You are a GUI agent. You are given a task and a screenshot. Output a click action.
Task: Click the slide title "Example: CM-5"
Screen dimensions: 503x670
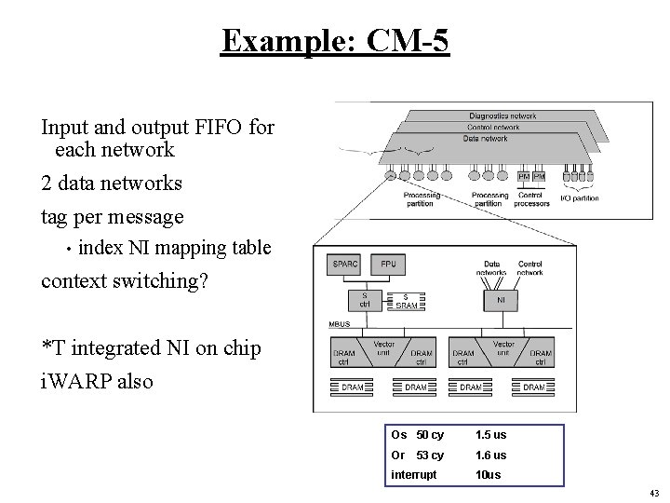click(x=335, y=42)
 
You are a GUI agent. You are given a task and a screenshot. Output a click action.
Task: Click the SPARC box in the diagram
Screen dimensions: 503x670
click(x=345, y=265)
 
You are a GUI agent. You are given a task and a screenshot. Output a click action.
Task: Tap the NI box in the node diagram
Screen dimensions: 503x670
click(x=502, y=300)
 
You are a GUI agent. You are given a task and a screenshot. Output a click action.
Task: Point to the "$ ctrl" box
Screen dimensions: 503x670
click(x=364, y=301)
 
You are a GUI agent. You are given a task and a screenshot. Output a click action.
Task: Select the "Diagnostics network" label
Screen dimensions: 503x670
click(x=502, y=116)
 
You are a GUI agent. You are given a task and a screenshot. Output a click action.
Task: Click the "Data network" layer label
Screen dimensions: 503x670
click(x=485, y=138)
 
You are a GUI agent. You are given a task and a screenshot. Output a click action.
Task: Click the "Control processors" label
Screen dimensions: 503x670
click(x=532, y=199)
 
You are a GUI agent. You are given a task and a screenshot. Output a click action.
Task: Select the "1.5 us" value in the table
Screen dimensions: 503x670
click(x=490, y=435)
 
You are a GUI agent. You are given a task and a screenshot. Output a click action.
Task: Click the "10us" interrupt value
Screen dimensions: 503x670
click(x=488, y=474)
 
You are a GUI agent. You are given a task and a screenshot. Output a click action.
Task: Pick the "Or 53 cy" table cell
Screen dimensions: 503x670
click(x=418, y=455)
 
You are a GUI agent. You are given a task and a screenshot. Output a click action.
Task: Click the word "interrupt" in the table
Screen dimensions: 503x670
click(x=413, y=474)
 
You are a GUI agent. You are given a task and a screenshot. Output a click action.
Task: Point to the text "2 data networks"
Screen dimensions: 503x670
click(x=112, y=184)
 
